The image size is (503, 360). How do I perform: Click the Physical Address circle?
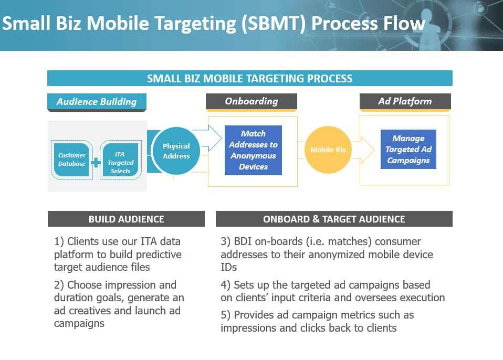176,151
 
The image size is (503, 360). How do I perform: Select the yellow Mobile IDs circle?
328,150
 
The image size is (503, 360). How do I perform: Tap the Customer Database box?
71,159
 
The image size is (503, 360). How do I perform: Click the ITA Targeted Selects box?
120,159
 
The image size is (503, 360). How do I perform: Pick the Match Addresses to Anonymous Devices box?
253,150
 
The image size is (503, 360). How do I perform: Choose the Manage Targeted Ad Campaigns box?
408,150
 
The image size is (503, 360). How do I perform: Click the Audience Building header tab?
97,102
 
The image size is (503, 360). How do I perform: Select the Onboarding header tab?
251,101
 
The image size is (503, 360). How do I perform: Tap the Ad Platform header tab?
405,101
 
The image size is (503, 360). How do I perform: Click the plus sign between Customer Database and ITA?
96,163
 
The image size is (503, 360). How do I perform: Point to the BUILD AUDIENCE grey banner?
126,219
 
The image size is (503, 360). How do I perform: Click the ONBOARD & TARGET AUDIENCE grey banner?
334,219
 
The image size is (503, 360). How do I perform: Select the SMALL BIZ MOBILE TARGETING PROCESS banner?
250,79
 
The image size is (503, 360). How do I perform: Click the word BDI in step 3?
244,241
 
